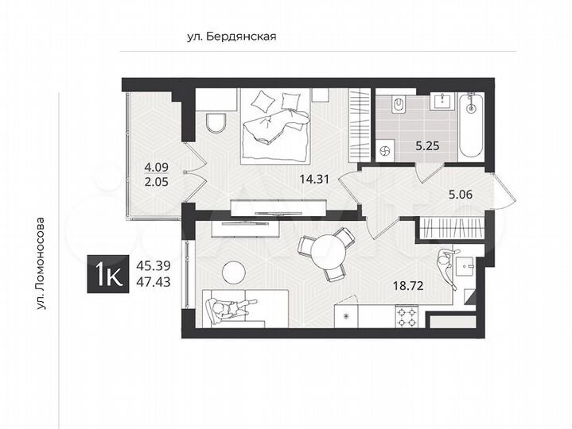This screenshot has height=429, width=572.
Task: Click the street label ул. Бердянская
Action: coord(230,36)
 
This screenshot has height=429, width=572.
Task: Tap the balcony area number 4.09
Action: coord(156,167)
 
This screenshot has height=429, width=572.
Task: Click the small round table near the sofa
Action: coord(233,272)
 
